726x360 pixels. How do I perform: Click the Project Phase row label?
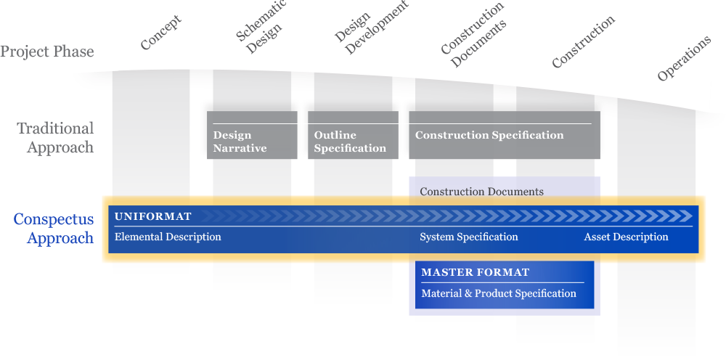coord(47,52)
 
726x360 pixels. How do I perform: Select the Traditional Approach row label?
coord(56,138)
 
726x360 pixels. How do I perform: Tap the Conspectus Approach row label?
coord(54,229)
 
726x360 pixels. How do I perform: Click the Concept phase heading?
coord(160,33)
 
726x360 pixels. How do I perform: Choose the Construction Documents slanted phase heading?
coord(473,35)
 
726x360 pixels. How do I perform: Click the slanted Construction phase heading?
coord(583,41)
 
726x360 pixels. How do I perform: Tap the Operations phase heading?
coord(683,58)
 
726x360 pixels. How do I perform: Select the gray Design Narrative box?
coord(252,136)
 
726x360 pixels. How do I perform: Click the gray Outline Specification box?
coord(353,136)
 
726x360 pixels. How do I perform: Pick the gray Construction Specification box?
coord(504,136)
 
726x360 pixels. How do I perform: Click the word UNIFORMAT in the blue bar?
coord(153,216)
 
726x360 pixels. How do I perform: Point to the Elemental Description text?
coord(168,237)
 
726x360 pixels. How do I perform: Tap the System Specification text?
coord(468,237)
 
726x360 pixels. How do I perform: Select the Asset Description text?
coord(626,237)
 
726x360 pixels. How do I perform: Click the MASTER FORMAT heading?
coord(475,273)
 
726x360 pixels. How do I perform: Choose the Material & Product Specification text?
coord(499,294)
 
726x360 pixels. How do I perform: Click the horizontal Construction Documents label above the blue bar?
coord(481,192)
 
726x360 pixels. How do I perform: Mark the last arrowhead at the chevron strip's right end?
coord(688,216)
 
